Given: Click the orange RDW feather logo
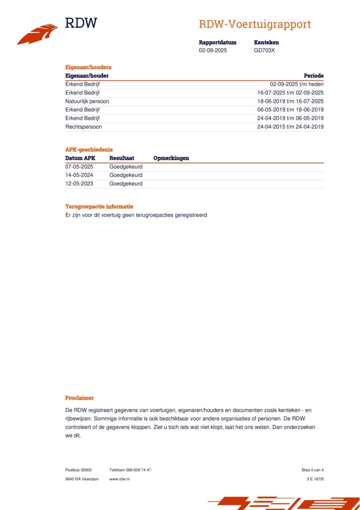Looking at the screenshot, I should tap(37, 34).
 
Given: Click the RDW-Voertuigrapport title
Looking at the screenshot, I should tap(254, 24).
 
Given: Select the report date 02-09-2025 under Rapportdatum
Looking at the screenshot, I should tap(213, 51).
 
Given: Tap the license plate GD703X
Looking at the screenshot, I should tap(264, 51).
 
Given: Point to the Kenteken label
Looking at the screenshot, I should tap(266, 42).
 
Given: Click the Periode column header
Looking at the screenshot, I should tap(313, 76).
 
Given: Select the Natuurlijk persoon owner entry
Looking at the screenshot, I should tap(87, 101).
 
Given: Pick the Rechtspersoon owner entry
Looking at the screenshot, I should tap(83, 127).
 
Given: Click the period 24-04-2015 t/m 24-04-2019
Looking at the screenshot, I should tap(290, 127).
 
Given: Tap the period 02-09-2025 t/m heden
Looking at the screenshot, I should tap(296, 84).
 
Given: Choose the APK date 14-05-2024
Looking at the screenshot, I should tap(79, 175).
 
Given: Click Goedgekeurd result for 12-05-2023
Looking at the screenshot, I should tap(125, 184).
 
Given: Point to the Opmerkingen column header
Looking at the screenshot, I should tap(171, 158).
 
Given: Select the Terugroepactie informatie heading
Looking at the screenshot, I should tap(99, 206).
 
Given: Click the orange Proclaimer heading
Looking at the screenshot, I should tap(79, 398).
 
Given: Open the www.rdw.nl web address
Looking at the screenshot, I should tap(119, 479).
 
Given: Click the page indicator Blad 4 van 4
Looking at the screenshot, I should tap(312, 470).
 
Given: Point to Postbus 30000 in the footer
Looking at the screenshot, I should tap(78, 470).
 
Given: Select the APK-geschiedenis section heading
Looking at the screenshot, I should tap(89, 149).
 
